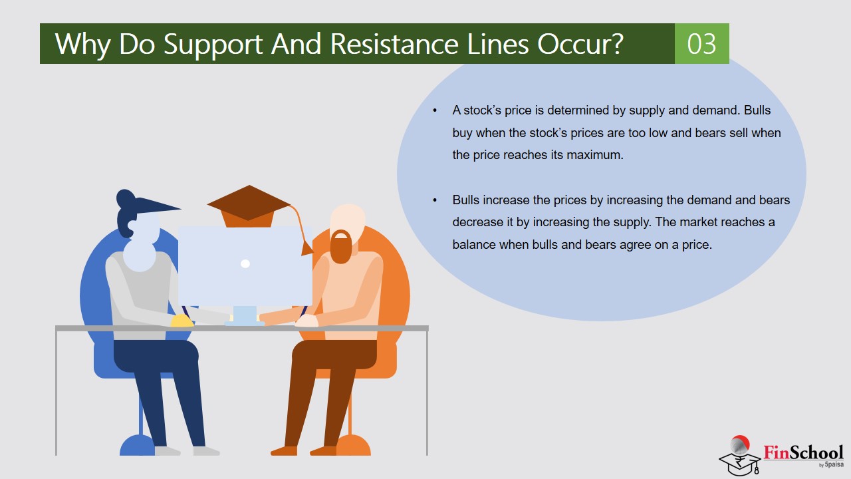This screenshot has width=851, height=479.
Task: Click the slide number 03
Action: (701, 44)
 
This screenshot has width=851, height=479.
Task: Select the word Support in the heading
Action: (213, 45)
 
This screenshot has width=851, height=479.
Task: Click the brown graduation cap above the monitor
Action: (249, 206)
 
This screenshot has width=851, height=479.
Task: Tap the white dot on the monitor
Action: (245, 263)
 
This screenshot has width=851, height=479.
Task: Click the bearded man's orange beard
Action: (341, 247)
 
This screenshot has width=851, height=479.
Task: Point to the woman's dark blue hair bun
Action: (126, 198)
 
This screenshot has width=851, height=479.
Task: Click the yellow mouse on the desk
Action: (182, 321)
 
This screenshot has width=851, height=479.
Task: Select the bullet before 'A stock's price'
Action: (435, 110)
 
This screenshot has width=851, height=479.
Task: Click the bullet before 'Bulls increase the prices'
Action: (435, 200)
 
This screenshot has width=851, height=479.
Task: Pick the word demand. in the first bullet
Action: (717, 110)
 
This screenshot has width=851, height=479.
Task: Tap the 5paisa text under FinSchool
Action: (834, 464)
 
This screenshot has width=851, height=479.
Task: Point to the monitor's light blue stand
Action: (245, 315)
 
